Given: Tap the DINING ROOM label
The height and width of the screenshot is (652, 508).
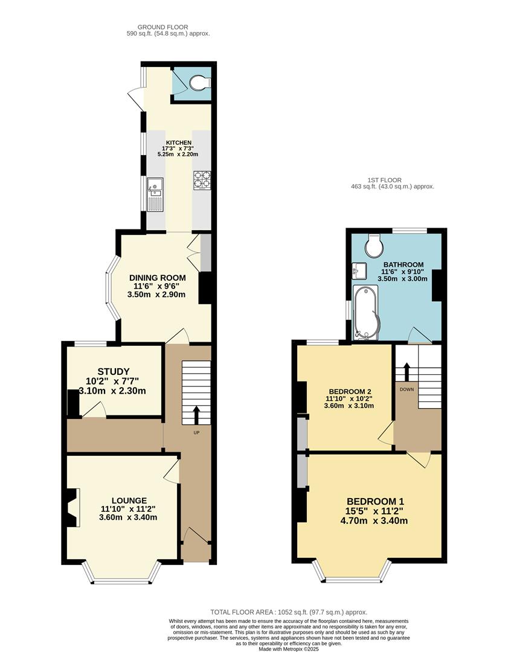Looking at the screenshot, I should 157,278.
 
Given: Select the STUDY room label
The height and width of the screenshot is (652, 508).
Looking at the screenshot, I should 114,371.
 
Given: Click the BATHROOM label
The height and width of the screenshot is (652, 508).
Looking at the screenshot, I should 404,264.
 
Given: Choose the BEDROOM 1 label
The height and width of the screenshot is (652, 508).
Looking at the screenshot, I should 375,501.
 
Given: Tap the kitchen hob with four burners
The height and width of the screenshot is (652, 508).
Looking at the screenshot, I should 202,179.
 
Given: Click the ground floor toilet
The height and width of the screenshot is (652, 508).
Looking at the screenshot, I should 200,83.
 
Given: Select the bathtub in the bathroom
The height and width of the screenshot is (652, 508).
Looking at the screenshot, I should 366,313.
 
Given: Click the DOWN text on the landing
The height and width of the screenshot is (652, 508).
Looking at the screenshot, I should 407,389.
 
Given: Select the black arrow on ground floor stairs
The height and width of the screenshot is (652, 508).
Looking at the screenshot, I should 196,415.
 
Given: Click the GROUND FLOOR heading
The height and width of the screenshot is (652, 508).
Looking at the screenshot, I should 162,27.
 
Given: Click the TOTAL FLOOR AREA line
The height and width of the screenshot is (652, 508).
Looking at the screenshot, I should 289,612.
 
